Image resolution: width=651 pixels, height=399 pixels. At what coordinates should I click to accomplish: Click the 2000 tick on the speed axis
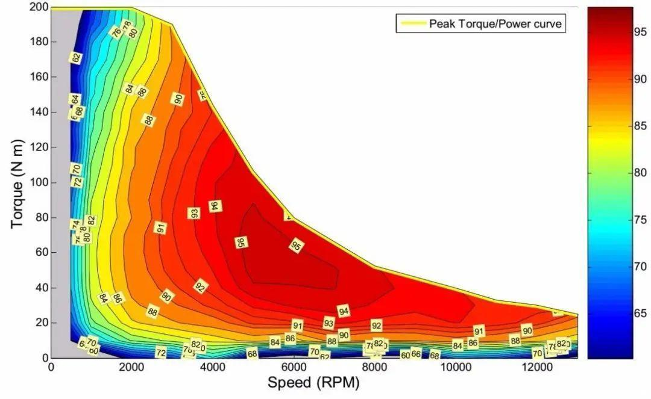click(x=131, y=368)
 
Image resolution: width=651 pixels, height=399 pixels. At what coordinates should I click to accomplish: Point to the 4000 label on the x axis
click(x=212, y=368)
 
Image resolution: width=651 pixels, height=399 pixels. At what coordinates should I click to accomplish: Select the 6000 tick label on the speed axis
click(x=293, y=368)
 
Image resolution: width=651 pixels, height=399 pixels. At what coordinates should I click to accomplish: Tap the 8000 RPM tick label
click(x=374, y=368)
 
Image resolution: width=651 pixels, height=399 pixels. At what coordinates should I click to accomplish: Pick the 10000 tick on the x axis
click(x=454, y=368)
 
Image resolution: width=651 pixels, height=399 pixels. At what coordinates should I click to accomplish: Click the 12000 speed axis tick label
click(x=535, y=368)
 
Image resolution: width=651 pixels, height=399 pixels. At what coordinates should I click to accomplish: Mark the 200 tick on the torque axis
click(x=37, y=7)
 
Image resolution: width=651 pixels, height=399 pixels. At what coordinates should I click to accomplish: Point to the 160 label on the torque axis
click(x=37, y=77)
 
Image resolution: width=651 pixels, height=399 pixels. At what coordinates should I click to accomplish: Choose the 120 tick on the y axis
click(x=37, y=147)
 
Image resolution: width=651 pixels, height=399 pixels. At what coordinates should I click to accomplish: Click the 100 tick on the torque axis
click(x=37, y=182)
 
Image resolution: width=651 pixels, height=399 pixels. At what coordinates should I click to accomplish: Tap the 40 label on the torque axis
click(x=40, y=288)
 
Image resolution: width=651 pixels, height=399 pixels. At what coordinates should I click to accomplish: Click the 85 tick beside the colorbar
click(x=641, y=126)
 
